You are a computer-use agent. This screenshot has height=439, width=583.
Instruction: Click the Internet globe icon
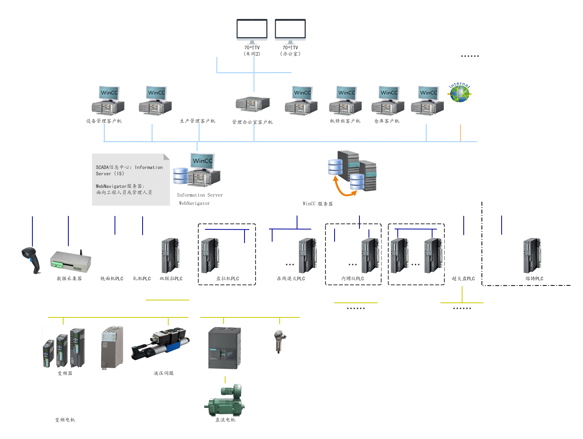click(459, 91)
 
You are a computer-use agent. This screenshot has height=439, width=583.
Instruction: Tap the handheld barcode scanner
click(32, 260)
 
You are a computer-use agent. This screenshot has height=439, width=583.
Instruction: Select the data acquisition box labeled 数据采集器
click(71, 261)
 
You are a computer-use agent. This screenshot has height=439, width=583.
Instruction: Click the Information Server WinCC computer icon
click(197, 169)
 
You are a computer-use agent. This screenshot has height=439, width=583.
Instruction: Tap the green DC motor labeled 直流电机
click(224, 400)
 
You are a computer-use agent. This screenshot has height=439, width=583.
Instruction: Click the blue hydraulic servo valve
click(161, 344)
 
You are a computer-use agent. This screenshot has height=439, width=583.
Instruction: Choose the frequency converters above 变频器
click(63, 348)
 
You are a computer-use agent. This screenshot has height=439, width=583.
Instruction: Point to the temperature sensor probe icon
click(280, 341)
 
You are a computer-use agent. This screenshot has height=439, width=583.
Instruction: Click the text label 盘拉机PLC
click(228, 279)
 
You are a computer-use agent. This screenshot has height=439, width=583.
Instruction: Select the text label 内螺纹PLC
click(353, 279)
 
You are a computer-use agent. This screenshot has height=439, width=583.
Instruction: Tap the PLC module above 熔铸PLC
click(532, 256)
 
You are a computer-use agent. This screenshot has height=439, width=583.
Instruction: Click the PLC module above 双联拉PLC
click(171, 256)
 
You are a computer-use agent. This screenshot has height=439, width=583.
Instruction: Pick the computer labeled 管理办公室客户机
click(253, 101)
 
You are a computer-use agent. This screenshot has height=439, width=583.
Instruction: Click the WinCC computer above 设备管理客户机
click(108, 100)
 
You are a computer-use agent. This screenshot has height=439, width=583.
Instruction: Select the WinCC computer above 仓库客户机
click(387, 100)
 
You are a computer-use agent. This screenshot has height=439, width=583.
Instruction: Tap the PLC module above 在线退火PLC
click(308, 256)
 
